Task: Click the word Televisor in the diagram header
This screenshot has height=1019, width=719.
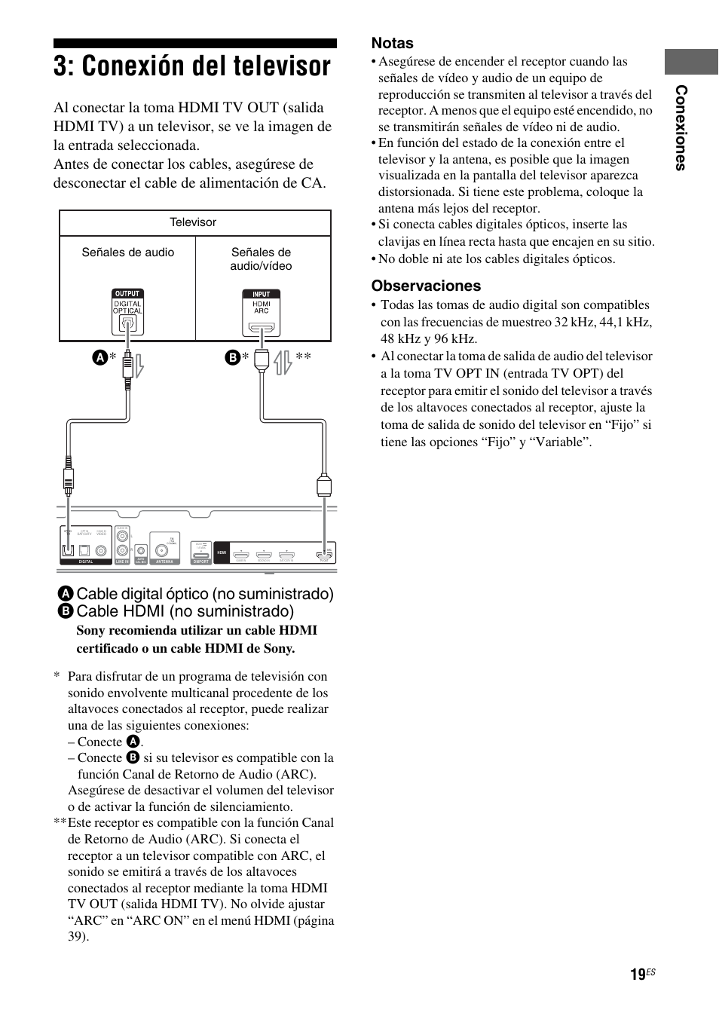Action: pyautogui.click(x=193, y=222)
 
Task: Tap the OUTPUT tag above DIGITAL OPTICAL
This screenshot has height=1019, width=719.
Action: pyautogui.click(x=127, y=294)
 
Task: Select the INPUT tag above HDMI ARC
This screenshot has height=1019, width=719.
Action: pyautogui.click(x=261, y=294)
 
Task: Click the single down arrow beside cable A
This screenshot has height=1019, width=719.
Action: pyautogui.click(x=139, y=365)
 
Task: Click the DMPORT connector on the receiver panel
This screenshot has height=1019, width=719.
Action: pyautogui.click(x=200, y=552)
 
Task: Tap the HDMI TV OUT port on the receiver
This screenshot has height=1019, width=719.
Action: pyautogui.click(x=325, y=552)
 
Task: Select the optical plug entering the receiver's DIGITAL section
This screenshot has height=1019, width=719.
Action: pyautogui.click(x=69, y=479)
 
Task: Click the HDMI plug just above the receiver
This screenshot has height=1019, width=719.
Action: pyautogui.click(x=324, y=485)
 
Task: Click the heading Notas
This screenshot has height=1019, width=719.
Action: pyautogui.click(x=392, y=43)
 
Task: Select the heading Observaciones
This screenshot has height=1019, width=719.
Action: pyautogui.click(x=426, y=286)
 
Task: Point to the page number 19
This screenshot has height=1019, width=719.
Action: pyautogui.click(x=638, y=975)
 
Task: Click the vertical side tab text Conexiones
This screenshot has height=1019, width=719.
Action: pyautogui.click(x=681, y=128)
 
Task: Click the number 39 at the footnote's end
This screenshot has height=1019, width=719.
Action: pyautogui.click(x=77, y=936)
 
